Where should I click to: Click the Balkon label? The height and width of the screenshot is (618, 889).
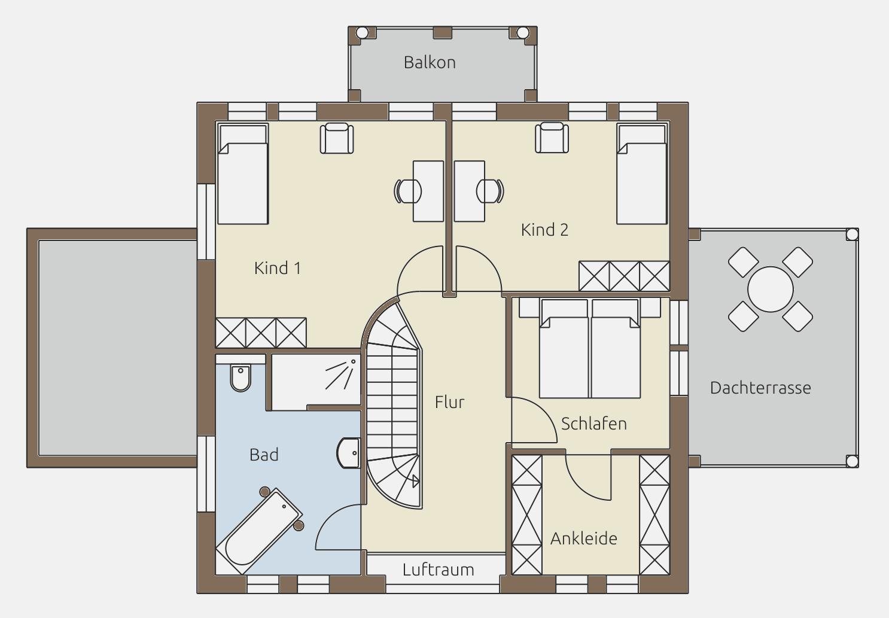pos(430,63)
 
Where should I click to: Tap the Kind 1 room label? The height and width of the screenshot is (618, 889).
pos(278,268)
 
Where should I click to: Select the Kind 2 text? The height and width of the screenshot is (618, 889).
pos(544,230)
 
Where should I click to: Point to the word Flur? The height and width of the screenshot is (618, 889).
pos(449,402)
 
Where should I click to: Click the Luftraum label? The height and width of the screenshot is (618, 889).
pos(438,570)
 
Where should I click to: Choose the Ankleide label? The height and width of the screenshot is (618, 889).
pos(584,538)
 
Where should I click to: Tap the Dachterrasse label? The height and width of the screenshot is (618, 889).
pos(760,388)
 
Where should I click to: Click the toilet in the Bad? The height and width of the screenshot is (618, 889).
pos(240,378)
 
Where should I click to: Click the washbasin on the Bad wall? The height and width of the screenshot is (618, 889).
pos(348,453)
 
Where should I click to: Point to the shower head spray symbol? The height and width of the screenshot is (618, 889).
pos(340,375)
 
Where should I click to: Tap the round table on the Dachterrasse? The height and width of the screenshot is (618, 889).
pos(771,290)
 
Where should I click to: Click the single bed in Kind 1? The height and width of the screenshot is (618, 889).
pos(243,174)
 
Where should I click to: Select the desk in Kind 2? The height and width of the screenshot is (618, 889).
pos(469,191)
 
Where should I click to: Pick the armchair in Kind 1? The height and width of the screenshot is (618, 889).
pos(337,138)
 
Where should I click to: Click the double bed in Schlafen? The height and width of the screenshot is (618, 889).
pos(590,348)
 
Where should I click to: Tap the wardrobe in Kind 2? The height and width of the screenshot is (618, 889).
pos(625,276)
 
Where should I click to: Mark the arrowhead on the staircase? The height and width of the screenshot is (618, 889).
pos(416,482)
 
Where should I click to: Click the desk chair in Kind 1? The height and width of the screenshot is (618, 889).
pos(407,191)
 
